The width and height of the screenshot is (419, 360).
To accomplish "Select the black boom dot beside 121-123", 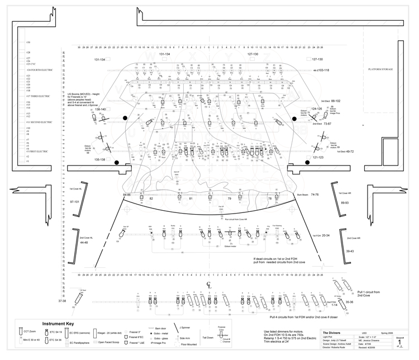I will (307, 162).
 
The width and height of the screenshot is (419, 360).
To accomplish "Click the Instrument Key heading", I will (60, 324).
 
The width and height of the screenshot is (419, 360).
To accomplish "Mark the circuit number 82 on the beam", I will (151, 198).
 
